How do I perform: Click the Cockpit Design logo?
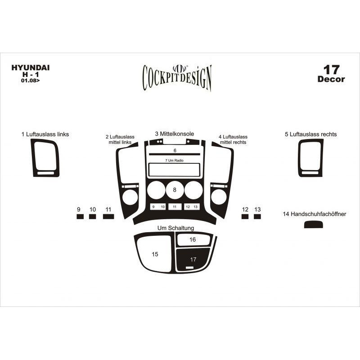(177, 77)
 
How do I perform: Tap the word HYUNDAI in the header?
(31, 68)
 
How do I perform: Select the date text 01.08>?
(30, 81)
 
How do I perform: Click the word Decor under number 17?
(331, 79)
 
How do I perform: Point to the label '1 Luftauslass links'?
(45, 134)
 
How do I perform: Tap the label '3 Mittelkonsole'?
(175, 134)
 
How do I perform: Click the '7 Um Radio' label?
(174, 161)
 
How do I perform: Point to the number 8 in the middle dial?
(175, 190)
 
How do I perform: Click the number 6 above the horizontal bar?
(175, 150)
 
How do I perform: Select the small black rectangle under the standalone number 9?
(80, 216)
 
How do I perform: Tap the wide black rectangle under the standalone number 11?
(108, 216)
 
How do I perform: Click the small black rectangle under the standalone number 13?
(257, 216)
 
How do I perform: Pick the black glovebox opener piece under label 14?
(313, 225)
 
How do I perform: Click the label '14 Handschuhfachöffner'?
(314, 214)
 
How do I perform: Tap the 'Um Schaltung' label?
(175, 228)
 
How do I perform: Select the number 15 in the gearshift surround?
(155, 254)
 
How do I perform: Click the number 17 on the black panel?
(193, 260)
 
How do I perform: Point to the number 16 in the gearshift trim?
(193, 240)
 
